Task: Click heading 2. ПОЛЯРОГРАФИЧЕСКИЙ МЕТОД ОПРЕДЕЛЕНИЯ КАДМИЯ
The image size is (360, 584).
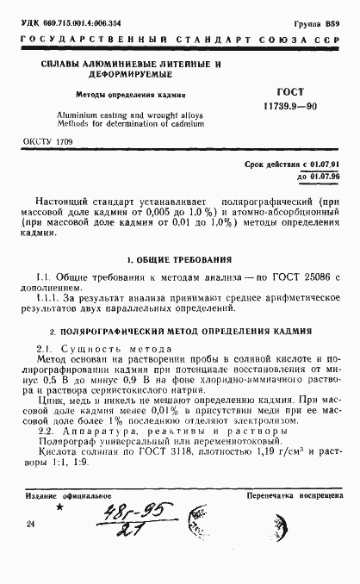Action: [179, 331]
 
